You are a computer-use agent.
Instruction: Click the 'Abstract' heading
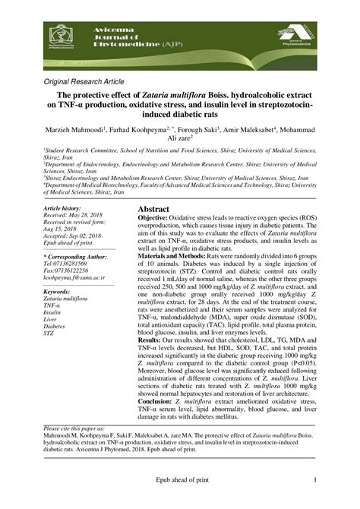158,208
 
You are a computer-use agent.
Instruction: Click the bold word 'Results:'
153,340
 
